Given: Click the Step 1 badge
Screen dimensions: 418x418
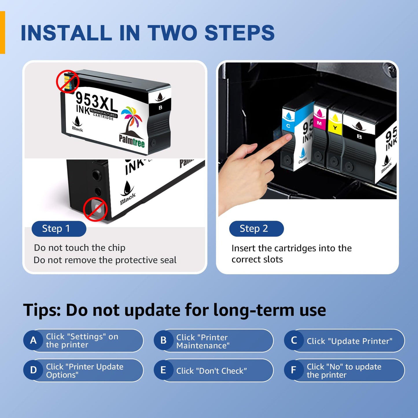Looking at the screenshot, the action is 59,229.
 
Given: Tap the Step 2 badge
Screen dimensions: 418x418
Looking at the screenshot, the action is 256,229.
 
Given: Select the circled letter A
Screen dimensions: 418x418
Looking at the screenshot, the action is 33,340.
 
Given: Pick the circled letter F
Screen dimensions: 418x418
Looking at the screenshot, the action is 294,370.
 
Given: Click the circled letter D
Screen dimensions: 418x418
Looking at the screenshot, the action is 33,370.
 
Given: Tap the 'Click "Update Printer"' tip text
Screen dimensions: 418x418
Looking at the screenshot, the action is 349,341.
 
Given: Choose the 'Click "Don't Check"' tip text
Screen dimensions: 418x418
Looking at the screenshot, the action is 211,371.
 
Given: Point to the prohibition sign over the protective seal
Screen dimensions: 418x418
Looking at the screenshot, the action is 95,209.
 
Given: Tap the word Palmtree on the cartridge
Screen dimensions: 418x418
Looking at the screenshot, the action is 132,141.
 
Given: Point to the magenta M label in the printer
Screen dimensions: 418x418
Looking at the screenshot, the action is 319,123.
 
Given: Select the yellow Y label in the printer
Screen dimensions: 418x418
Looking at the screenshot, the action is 335,128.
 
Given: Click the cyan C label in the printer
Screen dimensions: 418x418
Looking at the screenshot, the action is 288,126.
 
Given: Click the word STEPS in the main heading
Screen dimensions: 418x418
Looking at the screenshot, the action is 240,32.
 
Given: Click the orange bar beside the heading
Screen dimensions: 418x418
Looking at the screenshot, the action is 2,32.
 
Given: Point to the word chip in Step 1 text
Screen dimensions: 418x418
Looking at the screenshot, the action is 117,248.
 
